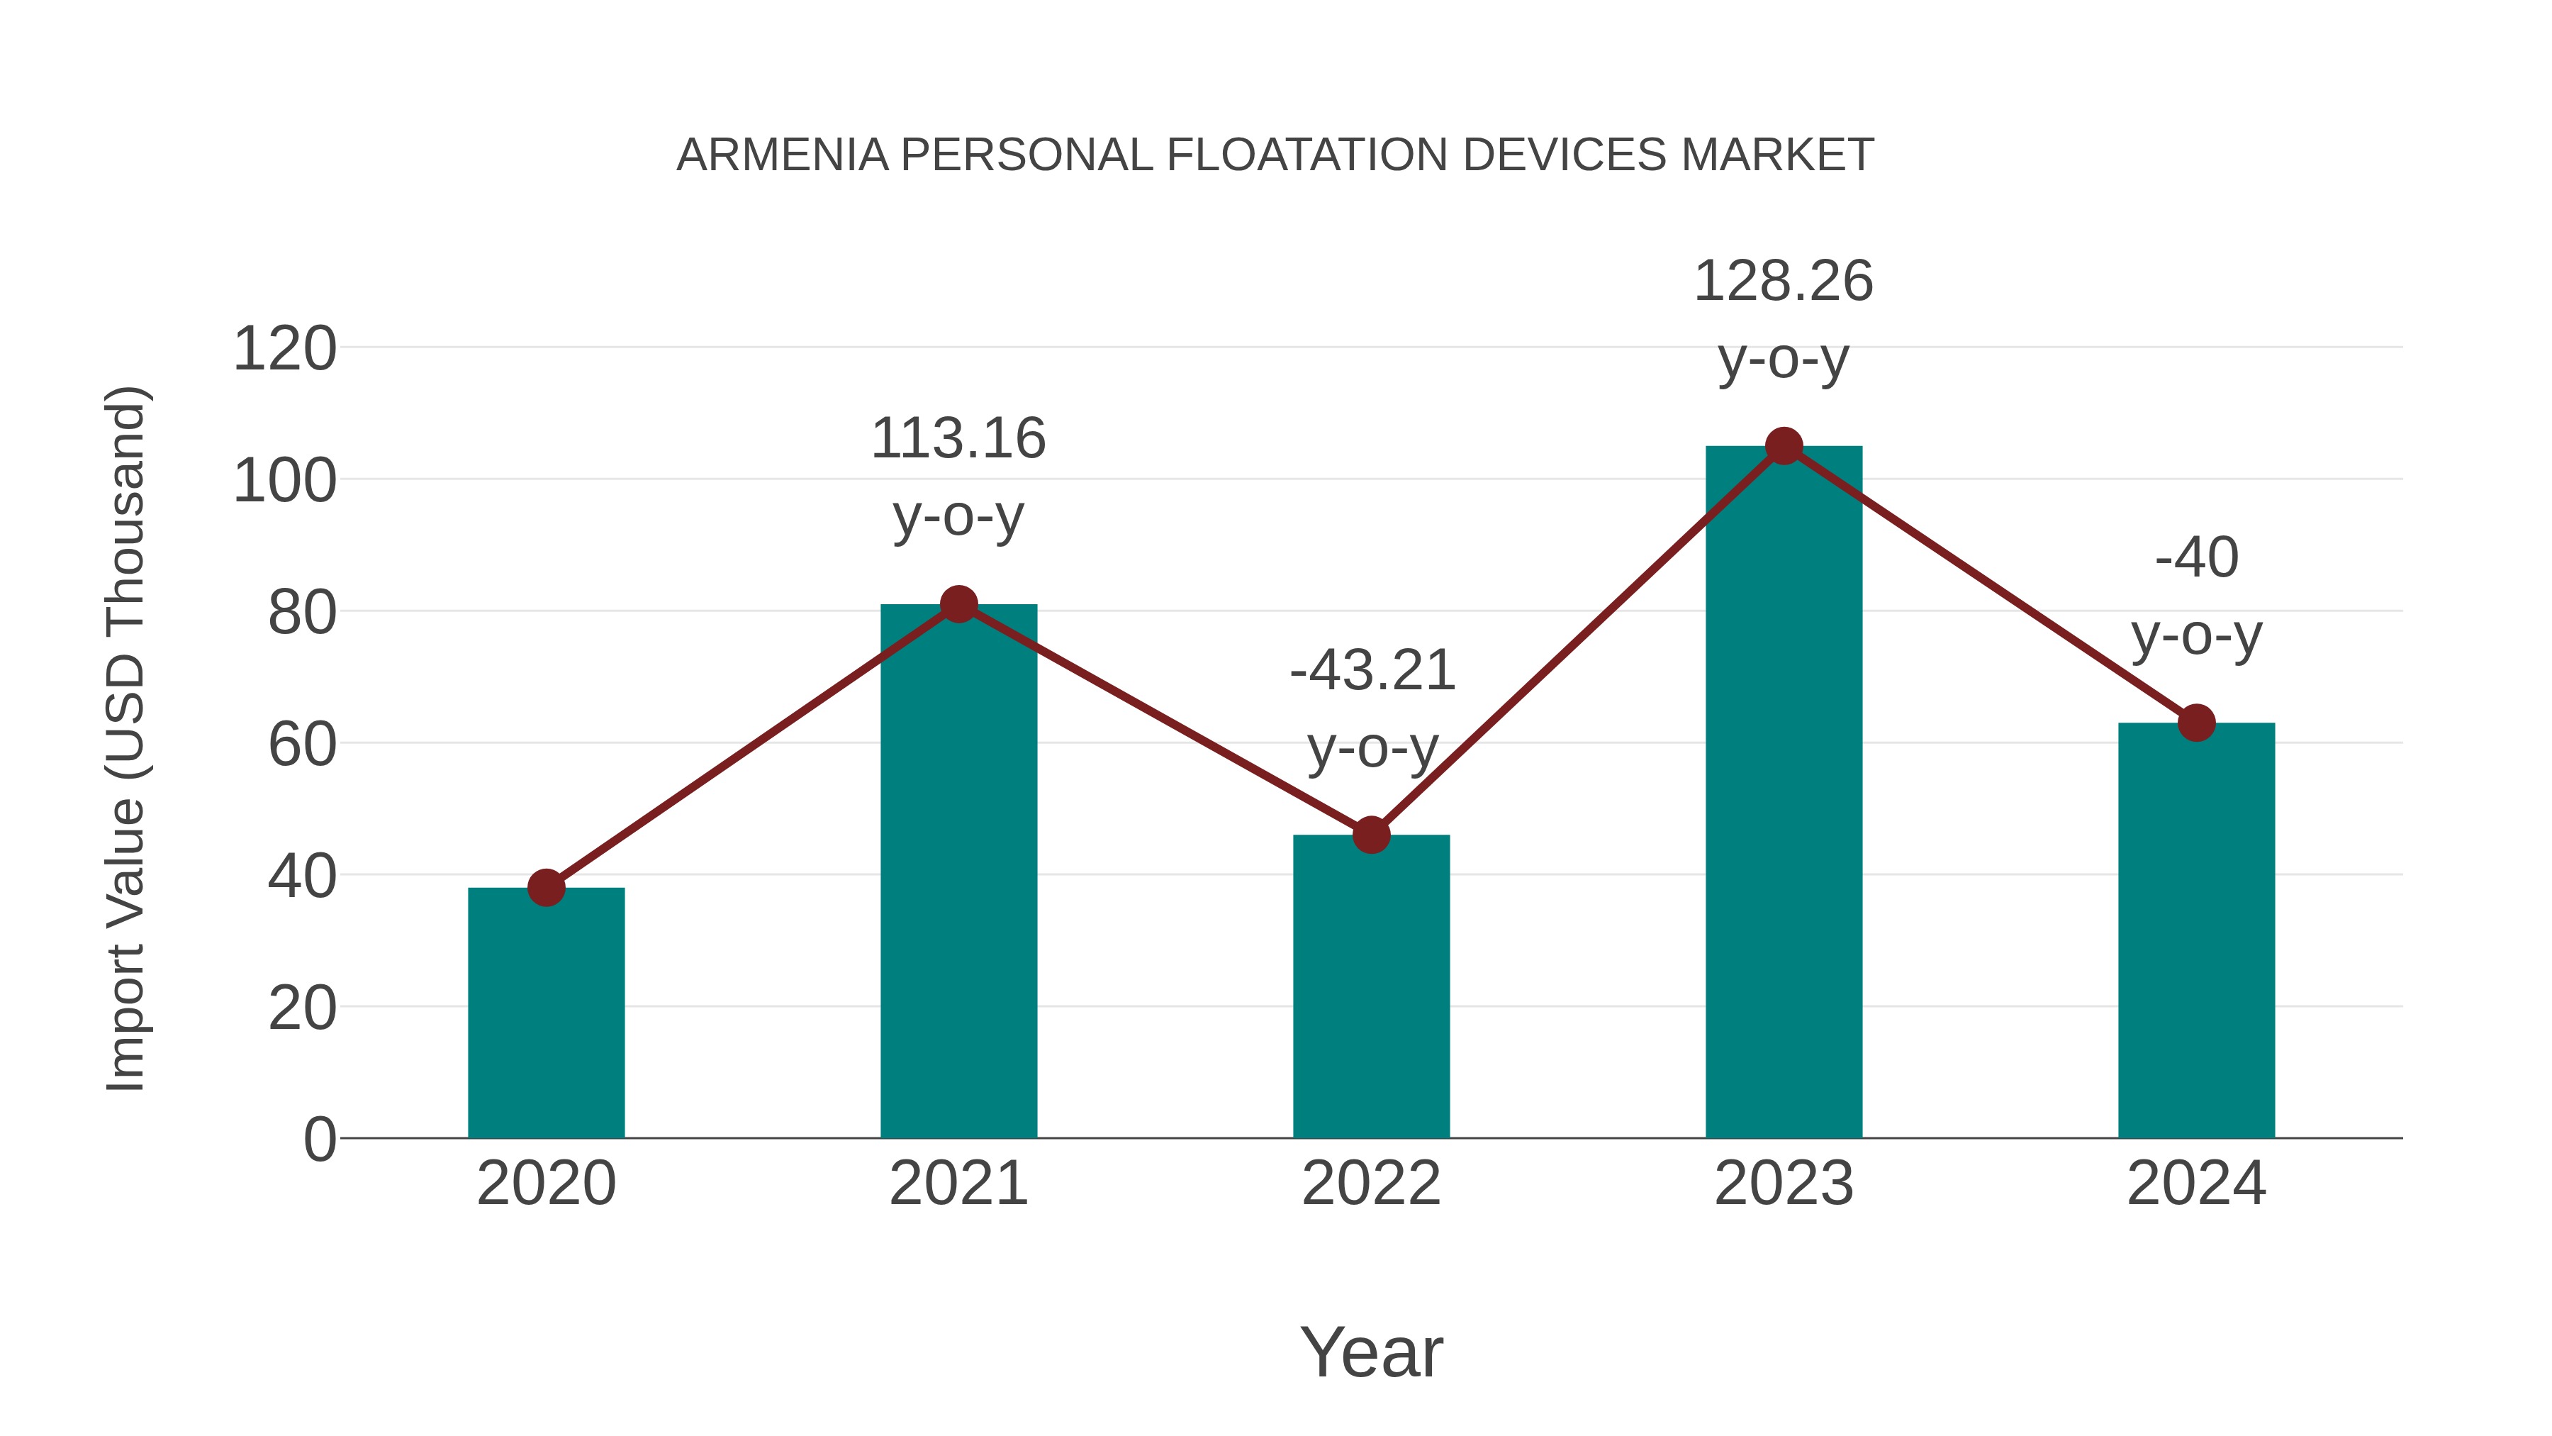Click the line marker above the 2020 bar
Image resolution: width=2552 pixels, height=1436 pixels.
click(x=546, y=887)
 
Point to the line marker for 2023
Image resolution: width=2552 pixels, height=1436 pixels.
click(x=1784, y=447)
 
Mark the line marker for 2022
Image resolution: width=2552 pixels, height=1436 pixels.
click(x=1371, y=835)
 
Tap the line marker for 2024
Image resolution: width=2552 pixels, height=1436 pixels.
click(x=2196, y=723)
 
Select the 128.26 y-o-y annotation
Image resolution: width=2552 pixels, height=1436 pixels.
click(x=1784, y=319)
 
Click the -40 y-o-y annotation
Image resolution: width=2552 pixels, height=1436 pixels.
click(x=2196, y=596)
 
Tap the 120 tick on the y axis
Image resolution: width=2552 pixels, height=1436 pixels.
click(x=284, y=350)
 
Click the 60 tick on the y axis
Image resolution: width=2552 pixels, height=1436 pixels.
click(x=302, y=745)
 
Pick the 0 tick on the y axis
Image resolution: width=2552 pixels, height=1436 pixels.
click(x=319, y=1140)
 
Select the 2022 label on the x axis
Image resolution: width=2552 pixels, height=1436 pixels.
click(x=1371, y=1184)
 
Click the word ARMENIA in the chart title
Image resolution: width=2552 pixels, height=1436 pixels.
click(x=782, y=155)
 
